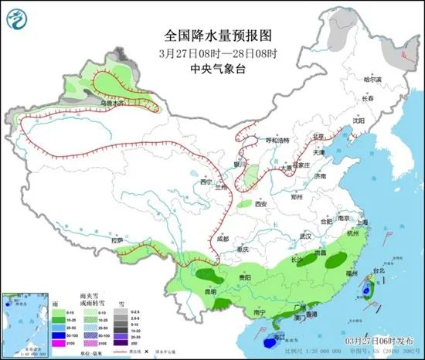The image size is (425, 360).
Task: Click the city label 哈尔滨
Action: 372,80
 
